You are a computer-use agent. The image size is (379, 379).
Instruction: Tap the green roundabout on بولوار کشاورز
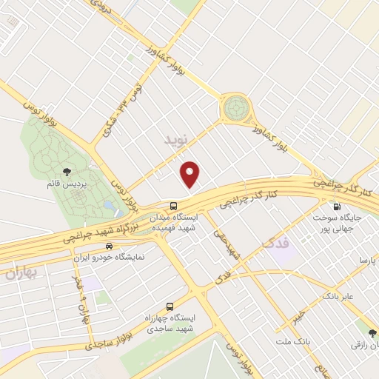click(236, 109)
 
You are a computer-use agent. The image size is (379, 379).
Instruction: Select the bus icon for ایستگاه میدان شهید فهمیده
click(173, 205)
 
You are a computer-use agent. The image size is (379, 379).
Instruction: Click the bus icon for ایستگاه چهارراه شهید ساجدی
click(170, 305)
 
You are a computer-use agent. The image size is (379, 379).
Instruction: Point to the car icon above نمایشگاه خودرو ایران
click(110, 246)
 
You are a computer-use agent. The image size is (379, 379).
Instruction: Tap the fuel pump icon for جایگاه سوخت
click(338, 207)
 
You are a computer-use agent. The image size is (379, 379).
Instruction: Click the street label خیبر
click(297, 317)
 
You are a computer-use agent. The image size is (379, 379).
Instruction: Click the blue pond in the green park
click(109, 204)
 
